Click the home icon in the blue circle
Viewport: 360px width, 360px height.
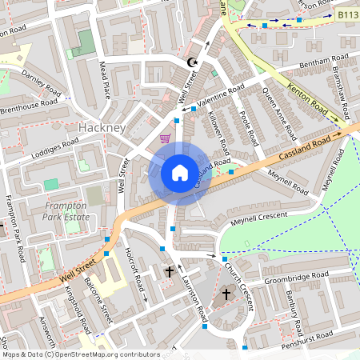point(180,173)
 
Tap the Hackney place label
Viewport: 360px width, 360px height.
point(102,128)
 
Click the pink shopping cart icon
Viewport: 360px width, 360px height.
point(165,138)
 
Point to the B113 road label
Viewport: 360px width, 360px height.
point(346,14)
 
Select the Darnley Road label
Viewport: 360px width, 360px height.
point(41,81)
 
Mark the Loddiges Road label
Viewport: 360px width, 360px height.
point(56,148)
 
